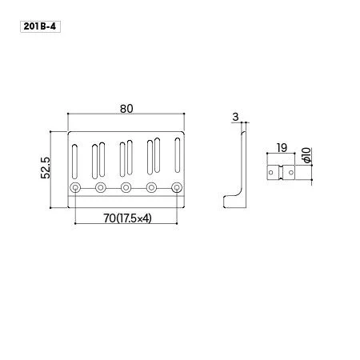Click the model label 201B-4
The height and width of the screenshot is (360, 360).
point(40,26)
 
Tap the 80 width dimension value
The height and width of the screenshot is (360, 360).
point(126,109)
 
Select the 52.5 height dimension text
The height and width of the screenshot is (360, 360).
point(46,168)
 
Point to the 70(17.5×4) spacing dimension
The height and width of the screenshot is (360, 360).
point(127,218)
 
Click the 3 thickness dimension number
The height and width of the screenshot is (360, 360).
point(235,117)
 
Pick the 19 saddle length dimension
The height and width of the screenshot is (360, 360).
point(282,147)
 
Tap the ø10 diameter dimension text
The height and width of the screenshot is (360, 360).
point(307,155)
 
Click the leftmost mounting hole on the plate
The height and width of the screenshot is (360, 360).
point(75,188)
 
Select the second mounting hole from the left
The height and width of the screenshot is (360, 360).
point(101,188)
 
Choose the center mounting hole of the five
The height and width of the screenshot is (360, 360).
point(126,188)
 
